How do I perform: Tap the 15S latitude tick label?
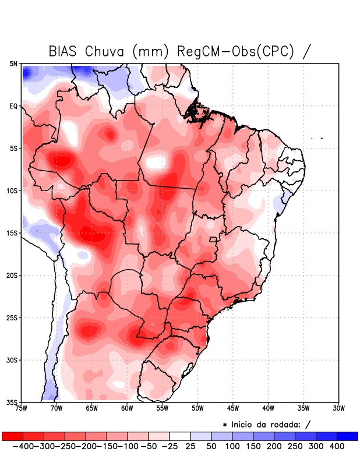tap(13, 233)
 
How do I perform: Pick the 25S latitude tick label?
tap(13, 317)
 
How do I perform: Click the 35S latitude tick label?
tap(13, 402)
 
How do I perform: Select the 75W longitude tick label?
tap(22, 408)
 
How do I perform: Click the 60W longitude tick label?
tap(128, 408)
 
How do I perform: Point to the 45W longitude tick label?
tap(233, 408)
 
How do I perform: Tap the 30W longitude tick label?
tap(338, 408)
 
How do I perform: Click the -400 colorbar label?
tap(23, 446)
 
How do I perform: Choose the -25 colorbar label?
tap(169, 446)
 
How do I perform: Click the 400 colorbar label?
tap(337, 446)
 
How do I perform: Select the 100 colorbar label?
tap(232, 446)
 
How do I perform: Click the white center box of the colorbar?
tap(180, 436)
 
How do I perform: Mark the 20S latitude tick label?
tap(13, 275)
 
